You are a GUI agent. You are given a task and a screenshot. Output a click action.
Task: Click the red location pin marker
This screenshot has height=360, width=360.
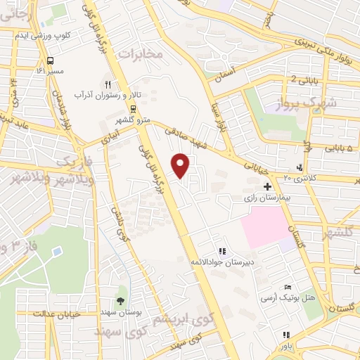pyautogui.click(x=181, y=165)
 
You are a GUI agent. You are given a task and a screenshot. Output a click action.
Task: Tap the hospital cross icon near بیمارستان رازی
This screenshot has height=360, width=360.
pyautogui.click(x=267, y=187)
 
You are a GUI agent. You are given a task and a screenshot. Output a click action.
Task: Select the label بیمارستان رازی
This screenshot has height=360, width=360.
pyautogui.click(x=266, y=199)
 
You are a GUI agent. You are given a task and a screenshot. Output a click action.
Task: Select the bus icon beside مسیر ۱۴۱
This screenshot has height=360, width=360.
pyautogui.click(x=50, y=61)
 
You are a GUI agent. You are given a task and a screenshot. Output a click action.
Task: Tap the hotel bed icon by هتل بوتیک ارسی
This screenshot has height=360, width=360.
pyautogui.click(x=286, y=288)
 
